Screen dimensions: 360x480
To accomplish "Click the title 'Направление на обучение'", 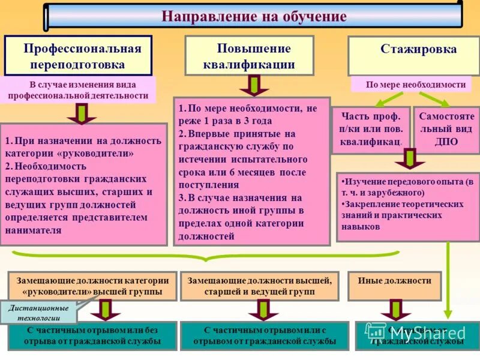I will point(253,16).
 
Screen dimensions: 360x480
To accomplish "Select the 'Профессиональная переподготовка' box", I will point(78,56).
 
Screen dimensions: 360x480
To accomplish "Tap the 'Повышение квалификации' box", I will point(249,56).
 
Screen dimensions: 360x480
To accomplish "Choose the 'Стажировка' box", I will point(410,50).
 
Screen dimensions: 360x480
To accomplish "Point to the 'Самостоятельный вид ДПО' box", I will point(446,129).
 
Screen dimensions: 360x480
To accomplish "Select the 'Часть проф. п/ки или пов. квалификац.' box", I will point(371,129).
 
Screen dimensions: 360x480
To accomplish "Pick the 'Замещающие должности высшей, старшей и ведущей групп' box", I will point(259,286).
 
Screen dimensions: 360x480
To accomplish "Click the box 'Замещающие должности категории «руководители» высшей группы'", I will point(92,286).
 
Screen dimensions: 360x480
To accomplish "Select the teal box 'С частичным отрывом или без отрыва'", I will point(92,336).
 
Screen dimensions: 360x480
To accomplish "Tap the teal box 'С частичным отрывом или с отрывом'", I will point(264,336).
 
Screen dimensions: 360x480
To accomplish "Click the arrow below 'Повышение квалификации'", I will point(254,85).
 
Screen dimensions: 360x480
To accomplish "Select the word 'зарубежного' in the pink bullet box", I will point(399,193).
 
